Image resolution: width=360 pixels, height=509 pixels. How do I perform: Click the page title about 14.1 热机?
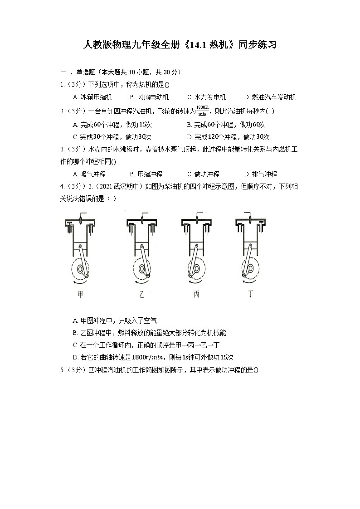180,45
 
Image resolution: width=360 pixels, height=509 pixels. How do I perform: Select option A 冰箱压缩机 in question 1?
92,97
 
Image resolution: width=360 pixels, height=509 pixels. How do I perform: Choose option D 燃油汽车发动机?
270,97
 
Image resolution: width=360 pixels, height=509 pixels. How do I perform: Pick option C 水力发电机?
206,97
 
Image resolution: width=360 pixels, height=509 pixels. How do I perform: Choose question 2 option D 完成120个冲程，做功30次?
228,137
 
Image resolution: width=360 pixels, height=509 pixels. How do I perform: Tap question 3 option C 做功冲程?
203,174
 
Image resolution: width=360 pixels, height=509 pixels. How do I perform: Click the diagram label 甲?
81,294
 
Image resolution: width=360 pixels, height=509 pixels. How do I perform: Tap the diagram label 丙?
196,294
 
